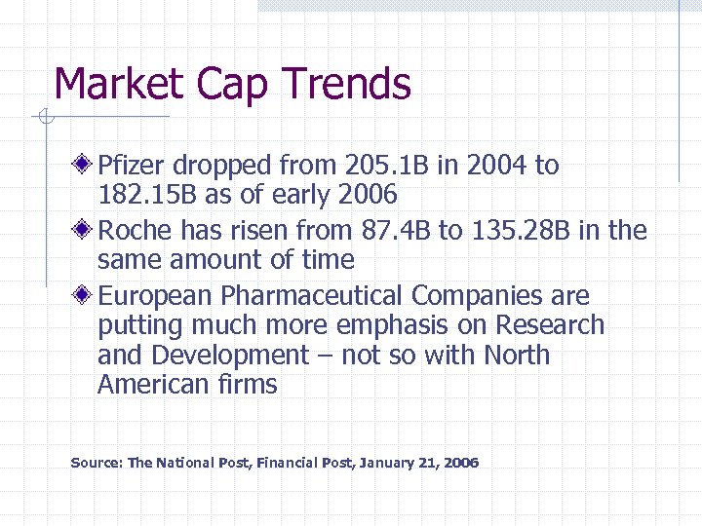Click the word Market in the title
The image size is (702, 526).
[x=119, y=84]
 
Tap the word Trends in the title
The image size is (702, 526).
[x=349, y=84]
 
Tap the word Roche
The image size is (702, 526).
[x=135, y=231]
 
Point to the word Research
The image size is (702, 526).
[x=550, y=325]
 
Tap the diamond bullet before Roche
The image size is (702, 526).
[x=86, y=230]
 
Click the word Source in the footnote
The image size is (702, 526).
[x=96, y=463]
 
